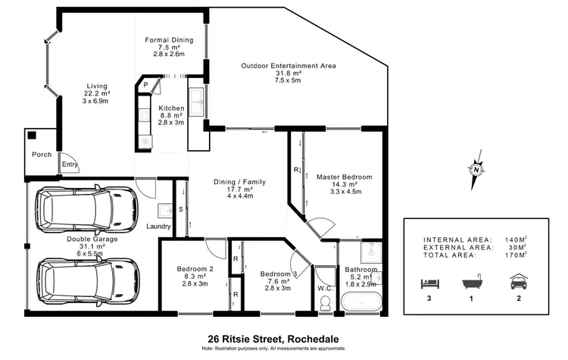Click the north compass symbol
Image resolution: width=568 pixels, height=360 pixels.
475,169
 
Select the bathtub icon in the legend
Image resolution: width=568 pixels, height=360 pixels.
473,282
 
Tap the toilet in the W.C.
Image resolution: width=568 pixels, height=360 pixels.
325,302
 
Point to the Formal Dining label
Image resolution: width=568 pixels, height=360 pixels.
169,39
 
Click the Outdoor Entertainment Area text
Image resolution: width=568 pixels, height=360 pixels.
288,66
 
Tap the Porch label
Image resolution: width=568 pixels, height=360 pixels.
42,155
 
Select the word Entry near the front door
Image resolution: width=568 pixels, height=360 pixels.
70,164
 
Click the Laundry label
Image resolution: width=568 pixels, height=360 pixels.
158,227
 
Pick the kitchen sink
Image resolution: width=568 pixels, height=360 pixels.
196,99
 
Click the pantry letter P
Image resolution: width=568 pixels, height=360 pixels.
145,86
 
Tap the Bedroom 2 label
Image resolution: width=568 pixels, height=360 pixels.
195,269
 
